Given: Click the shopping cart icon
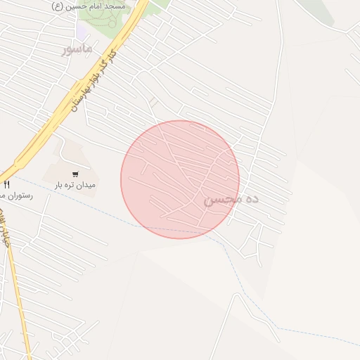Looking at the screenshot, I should (75, 174).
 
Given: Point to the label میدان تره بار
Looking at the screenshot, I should (75, 186).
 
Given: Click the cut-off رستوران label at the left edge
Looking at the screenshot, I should (18, 195).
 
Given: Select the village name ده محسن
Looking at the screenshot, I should (231, 200).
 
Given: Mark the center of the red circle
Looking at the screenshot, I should (180, 179).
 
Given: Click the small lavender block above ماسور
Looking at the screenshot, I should (83, 32).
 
